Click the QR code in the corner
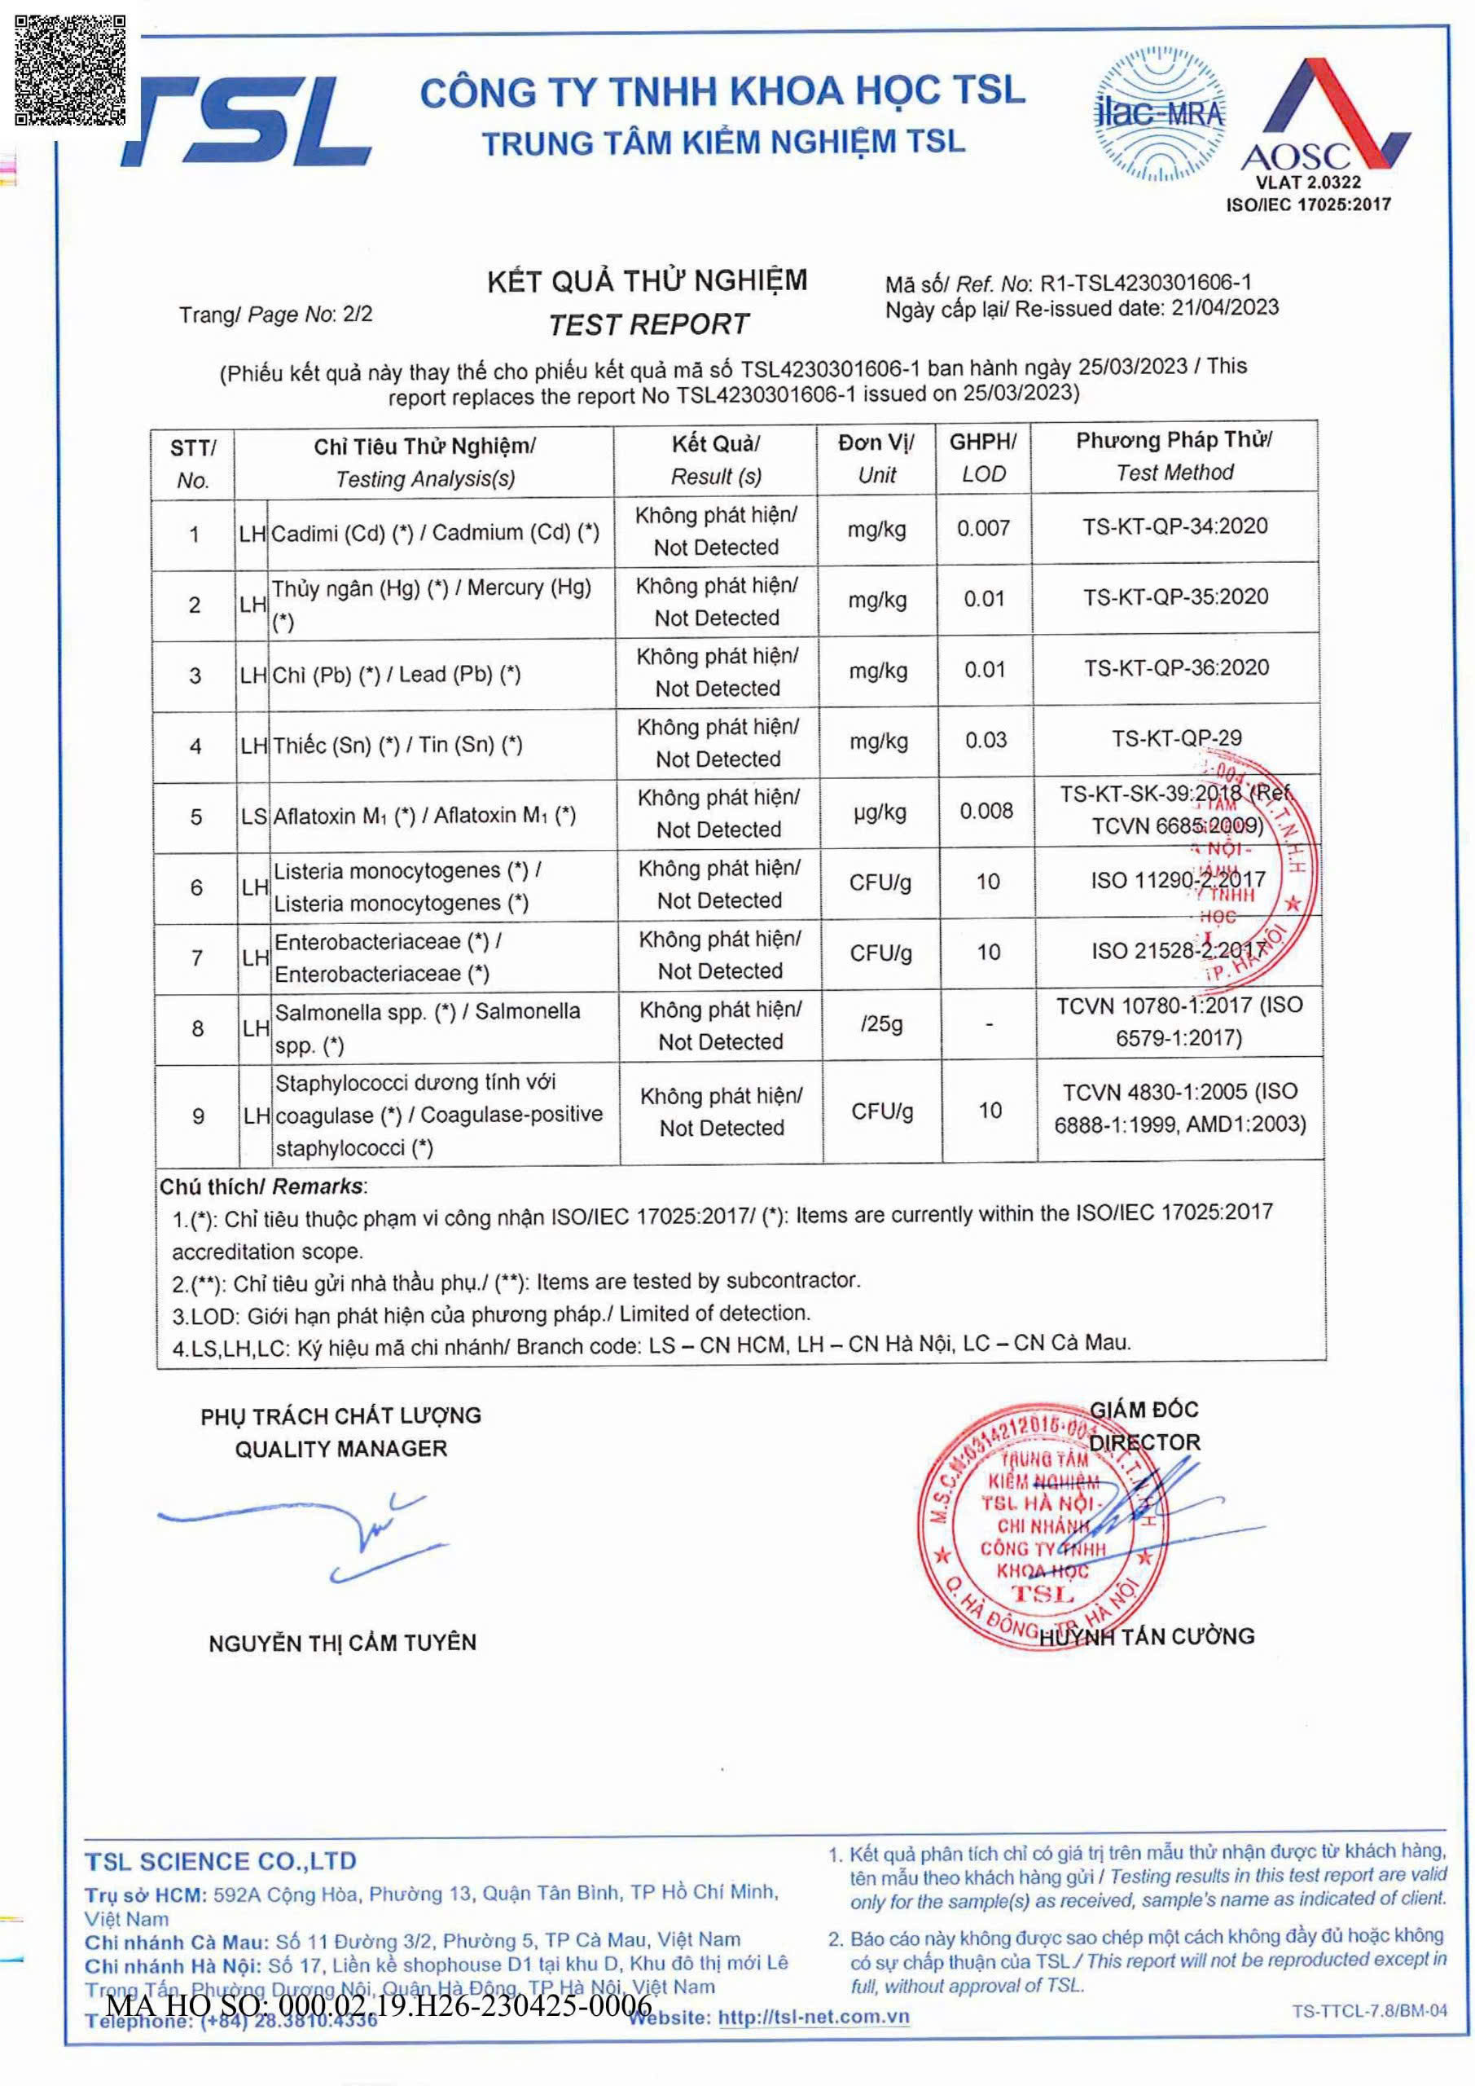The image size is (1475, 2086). point(70,69)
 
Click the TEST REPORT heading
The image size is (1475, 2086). point(648,324)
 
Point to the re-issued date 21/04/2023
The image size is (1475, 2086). point(1224,308)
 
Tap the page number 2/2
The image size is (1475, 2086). point(358,315)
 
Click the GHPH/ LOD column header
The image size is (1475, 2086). point(983,458)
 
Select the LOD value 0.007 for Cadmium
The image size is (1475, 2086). point(983,528)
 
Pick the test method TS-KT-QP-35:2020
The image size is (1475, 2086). point(1175,597)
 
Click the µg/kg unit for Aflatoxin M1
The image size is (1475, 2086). point(879,812)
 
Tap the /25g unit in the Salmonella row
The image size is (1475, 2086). point(881,1025)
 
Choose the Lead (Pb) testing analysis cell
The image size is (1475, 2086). point(396,675)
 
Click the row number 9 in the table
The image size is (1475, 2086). point(198,1116)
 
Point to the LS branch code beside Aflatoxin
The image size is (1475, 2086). point(253,816)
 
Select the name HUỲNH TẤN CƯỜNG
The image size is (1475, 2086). point(1147,1637)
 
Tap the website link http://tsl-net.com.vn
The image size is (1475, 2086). point(813,2018)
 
